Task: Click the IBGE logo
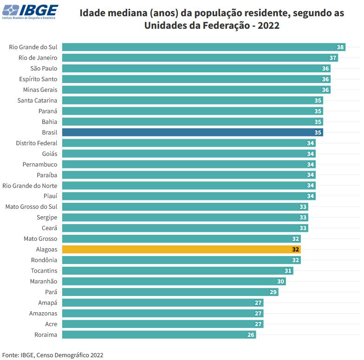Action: [x=30, y=12]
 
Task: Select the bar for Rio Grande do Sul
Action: [x=203, y=47]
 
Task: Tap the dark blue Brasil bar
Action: [x=192, y=132]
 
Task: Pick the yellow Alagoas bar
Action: [x=181, y=249]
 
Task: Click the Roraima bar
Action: [x=159, y=334]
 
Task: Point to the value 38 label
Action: [x=340, y=47]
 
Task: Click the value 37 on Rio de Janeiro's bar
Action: [x=333, y=58]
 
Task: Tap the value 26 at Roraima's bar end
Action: [x=251, y=334]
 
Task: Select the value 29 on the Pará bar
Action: [x=273, y=292]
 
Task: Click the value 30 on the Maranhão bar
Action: [x=280, y=281]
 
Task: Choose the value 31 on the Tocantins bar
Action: [x=288, y=270]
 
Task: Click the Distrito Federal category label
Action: [x=37, y=143]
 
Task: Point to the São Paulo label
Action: [x=44, y=68]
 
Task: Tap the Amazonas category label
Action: [x=43, y=313]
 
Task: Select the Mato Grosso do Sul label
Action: [x=31, y=206]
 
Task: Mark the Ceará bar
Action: [x=185, y=228]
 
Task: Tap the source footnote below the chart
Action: [x=52, y=355]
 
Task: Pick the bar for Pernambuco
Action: [x=188, y=164]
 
